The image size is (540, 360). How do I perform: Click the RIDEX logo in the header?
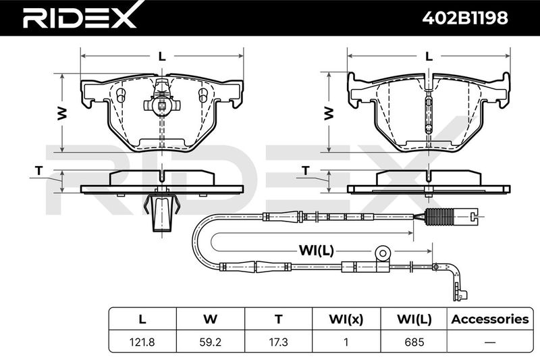click(x=80, y=16)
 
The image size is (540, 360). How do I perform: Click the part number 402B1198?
click(x=465, y=18)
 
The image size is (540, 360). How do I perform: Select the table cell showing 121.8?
click(x=142, y=342)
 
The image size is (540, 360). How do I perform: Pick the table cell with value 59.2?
click(x=210, y=342)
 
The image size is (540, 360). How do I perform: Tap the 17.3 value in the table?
click(x=278, y=342)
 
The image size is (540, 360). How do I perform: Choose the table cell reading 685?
click(x=414, y=342)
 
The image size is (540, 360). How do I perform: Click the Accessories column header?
click(x=490, y=319)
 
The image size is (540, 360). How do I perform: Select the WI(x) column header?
click(x=346, y=319)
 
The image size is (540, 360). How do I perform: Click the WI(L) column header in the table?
click(x=414, y=319)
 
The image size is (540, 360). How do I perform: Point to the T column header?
click(x=278, y=319)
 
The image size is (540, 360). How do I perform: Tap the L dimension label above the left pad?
click(x=162, y=56)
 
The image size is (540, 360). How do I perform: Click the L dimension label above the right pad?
click(x=429, y=56)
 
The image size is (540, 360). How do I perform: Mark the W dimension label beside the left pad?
click(x=62, y=113)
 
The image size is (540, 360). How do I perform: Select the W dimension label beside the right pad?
click(x=329, y=113)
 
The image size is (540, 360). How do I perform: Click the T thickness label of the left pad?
click(x=39, y=170)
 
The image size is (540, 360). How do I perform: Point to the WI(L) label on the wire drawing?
click(x=316, y=251)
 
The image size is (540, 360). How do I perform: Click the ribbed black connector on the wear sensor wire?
click(x=436, y=217)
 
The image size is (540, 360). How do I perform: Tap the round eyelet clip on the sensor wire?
click(x=383, y=253)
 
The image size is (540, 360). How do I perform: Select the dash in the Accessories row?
click(x=490, y=342)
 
